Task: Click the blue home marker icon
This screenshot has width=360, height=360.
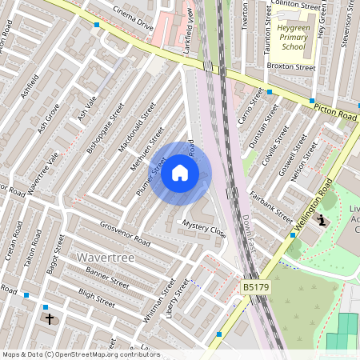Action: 180,173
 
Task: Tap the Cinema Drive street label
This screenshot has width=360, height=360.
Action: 133,18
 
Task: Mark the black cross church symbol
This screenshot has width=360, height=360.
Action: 50,319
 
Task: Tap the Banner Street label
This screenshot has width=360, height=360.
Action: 107,276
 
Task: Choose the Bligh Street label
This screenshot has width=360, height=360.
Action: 97,298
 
